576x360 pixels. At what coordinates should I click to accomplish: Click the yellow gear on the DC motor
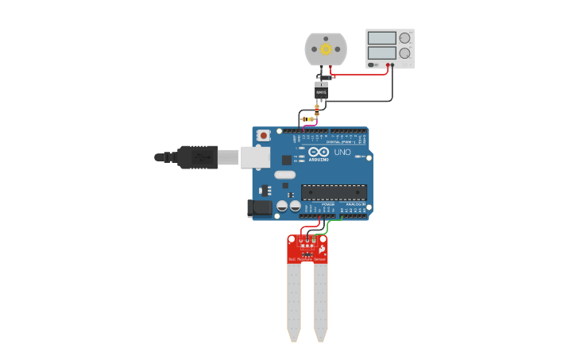(x=326, y=49)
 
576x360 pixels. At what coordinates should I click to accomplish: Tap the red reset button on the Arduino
(x=264, y=136)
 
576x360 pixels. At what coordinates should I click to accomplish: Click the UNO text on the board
(x=342, y=152)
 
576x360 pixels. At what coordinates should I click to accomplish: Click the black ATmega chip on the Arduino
(x=334, y=192)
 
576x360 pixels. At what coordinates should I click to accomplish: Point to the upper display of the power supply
(x=382, y=37)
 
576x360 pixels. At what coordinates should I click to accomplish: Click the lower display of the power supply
(x=382, y=52)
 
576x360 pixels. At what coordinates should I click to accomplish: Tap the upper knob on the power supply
(x=405, y=37)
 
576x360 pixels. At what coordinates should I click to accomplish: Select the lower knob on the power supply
(x=405, y=53)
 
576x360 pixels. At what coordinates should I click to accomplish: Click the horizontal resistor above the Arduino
(x=308, y=119)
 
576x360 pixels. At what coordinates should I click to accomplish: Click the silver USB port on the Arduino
(x=256, y=157)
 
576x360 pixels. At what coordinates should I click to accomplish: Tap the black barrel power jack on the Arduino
(x=260, y=208)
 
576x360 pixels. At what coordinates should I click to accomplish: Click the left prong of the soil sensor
(x=294, y=302)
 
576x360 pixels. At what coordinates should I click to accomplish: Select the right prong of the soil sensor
(x=320, y=302)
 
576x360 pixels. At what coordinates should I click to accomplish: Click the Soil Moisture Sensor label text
(x=307, y=259)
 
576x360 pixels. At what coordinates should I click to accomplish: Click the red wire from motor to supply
(x=361, y=75)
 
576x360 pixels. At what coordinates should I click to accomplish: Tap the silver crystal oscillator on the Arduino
(x=285, y=175)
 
